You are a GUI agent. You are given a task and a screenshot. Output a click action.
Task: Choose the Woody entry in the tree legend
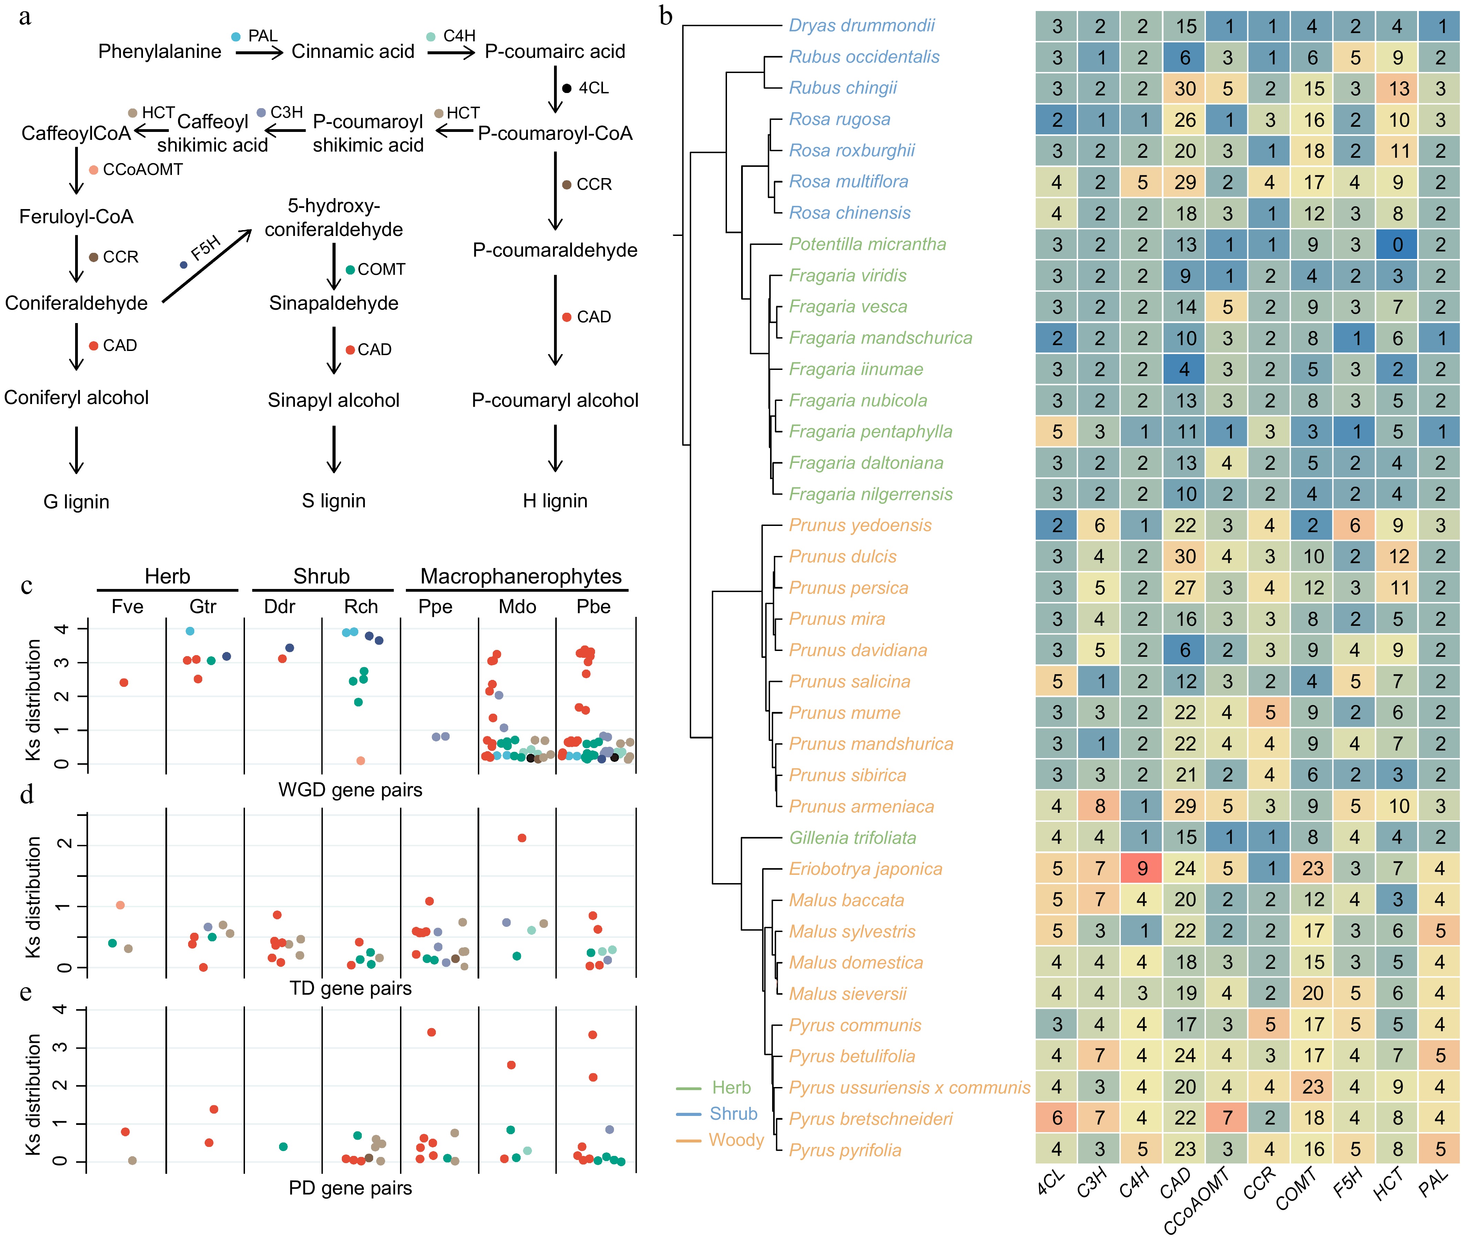click(736, 1140)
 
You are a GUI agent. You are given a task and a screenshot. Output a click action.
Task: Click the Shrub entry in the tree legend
click(733, 1114)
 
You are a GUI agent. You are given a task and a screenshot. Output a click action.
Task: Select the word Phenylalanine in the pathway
click(159, 51)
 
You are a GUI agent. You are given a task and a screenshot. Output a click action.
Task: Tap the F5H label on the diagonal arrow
click(206, 248)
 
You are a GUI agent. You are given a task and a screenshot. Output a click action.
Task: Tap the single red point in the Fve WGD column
click(124, 682)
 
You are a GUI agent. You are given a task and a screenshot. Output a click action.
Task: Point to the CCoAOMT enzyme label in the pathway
click(142, 170)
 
